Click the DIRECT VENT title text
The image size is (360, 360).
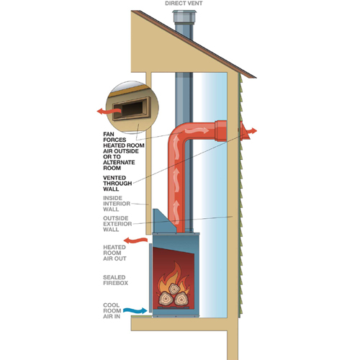click(184, 4)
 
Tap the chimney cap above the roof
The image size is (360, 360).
click(184, 17)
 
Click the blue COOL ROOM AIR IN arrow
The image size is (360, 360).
click(135, 310)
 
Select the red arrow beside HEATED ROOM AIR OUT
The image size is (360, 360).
click(135, 240)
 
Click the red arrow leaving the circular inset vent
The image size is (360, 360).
click(109, 111)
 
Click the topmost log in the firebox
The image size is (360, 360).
click(174, 289)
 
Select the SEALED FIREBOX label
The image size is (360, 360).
click(115, 280)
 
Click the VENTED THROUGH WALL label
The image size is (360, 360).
click(117, 184)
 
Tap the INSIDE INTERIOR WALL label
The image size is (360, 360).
click(117, 204)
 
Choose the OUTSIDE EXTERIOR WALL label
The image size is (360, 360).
click(117, 224)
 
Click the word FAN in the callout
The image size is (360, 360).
click(109, 134)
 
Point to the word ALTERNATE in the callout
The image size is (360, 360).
click(119, 163)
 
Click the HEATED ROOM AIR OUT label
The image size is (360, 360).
click(114, 253)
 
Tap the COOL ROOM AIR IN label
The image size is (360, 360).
click(112, 311)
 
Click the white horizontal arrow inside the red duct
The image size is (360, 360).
click(197, 130)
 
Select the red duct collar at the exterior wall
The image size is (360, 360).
click(221, 131)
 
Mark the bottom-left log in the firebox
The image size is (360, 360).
click(165, 298)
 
